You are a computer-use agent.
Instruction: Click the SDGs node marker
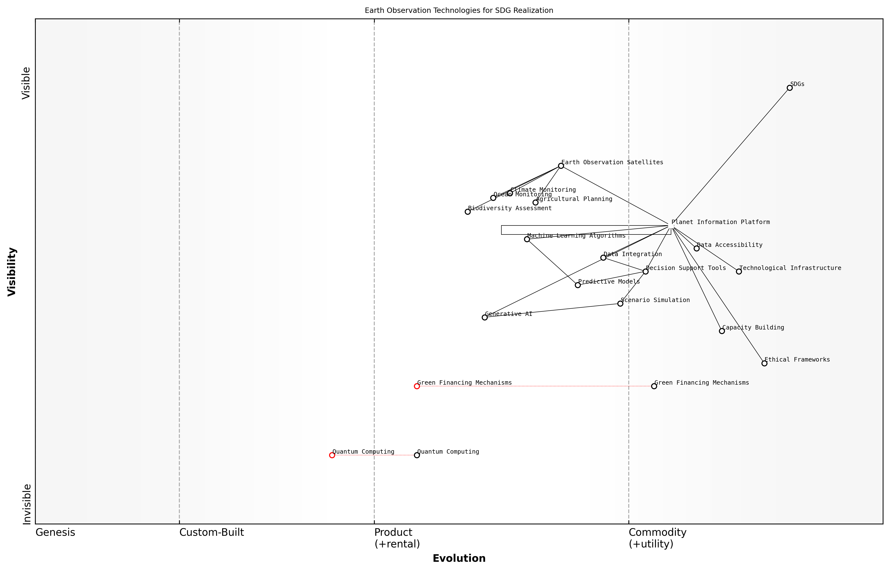pos(789,88)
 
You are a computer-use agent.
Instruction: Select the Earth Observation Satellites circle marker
pos(561,166)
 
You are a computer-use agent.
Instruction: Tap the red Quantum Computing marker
pos(332,455)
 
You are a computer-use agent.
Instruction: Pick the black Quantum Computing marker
pos(417,455)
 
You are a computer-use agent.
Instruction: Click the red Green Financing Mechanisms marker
pos(417,386)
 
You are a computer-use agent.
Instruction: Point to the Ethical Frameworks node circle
pos(764,363)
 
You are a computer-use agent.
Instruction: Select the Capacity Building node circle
pos(722,331)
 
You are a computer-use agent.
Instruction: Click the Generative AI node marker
pos(485,317)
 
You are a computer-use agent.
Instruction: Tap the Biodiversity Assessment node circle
pos(468,211)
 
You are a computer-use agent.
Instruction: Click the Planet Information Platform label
pos(721,222)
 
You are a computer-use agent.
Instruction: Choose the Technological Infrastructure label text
pos(790,268)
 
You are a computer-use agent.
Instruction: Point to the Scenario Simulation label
pos(655,300)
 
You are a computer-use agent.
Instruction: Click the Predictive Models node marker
pos(578,285)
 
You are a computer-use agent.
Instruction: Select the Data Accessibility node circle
pos(697,248)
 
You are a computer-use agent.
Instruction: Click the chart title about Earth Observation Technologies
pos(459,10)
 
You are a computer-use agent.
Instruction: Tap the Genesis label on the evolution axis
pos(55,532)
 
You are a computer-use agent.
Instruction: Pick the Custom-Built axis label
pos(211,532)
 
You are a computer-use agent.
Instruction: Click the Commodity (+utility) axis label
pos(657,538)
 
